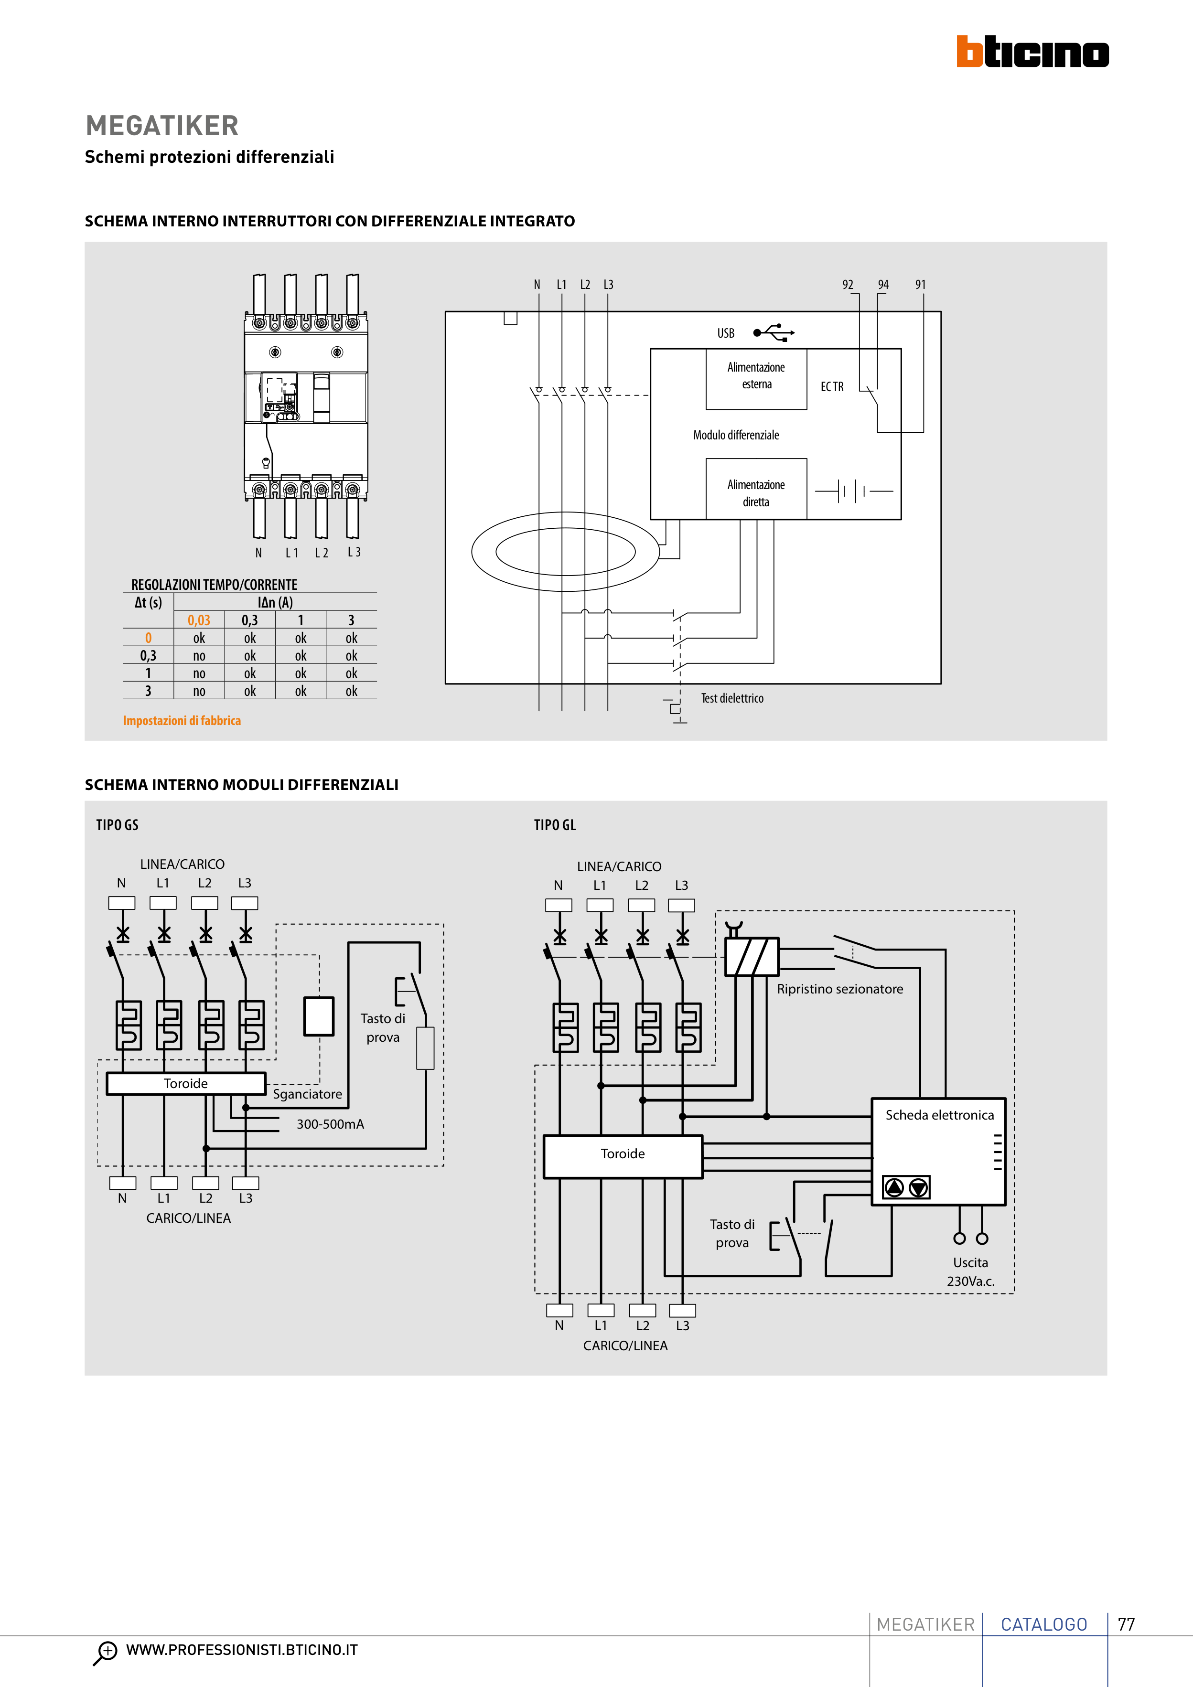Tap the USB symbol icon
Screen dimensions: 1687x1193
774,333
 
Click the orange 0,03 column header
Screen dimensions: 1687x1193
198,620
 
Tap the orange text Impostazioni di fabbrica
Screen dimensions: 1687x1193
182,721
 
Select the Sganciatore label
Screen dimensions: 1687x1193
307,1094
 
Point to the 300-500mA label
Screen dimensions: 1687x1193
330,1124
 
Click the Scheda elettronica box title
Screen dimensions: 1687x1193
939,1115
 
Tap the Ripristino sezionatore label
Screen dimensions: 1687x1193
839,989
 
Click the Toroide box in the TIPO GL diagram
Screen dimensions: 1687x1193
623,1154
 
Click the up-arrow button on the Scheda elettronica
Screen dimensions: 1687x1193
894,1187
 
